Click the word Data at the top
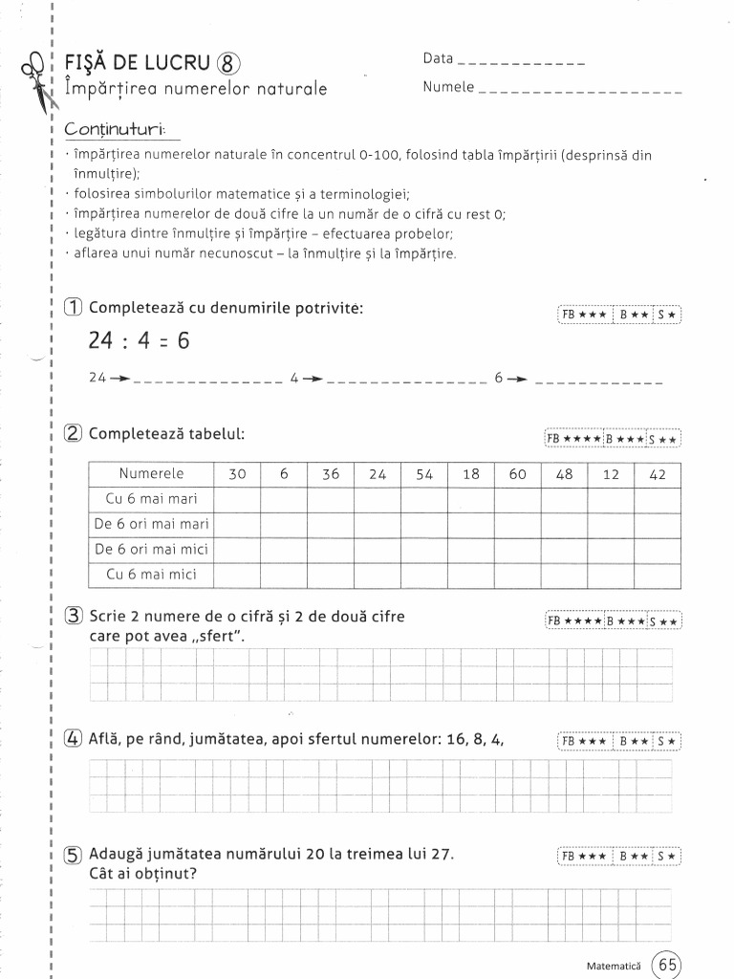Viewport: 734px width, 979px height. (438, 58)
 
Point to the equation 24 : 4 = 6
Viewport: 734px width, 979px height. (140, 341)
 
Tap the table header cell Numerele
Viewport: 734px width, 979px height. (151, 474)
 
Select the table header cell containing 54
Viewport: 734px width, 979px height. (424, 474)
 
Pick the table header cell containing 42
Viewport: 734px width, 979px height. (658, 474)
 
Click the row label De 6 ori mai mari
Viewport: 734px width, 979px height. (151, 524)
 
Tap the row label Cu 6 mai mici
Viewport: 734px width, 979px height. (151, 574)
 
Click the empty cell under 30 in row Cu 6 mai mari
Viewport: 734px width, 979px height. (238, 499)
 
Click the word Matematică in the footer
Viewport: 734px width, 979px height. (615, 966)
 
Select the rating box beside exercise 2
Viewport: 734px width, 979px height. (613, 438)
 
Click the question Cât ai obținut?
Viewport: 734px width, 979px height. (150, 873)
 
